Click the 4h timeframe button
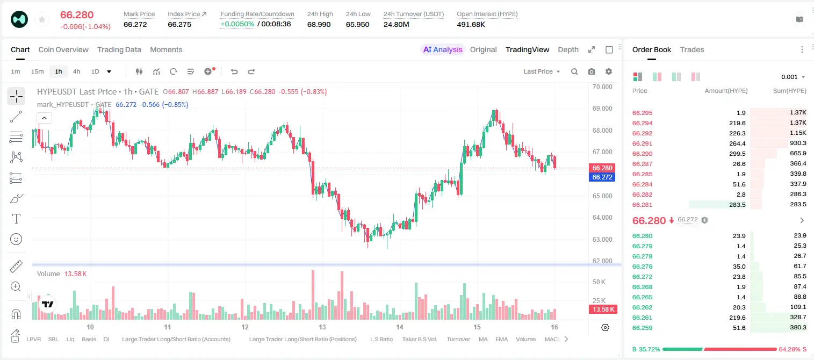pyautogui.click(x=76, y=71)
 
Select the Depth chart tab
pyautogui.click(x=568, y=49)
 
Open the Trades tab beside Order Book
pyautogui.click(x=692, y=49)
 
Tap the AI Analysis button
pyautogui.click(x=443, y=49)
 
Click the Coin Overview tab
pyautogui.click(x=63, y=49)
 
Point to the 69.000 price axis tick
pyautogui.click(x=602, y=108)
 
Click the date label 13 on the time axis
pyautogui.click(x=322, y=327)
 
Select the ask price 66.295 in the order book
pyautogui.click(x=642, y=113)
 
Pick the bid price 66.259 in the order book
pyautogui.click(x=642, y=328)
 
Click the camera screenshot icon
pyautogui.click(x=592, y=71)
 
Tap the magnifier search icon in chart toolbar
pyautogui.click(x=574, y=71)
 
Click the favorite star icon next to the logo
pyautogui.click(x=42, y=20)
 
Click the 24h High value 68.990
pyautogui.click(x=319, y=24)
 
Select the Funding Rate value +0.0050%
pyautogui.click(x=237, y=24)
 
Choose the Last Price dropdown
pyautogui.click(x=542, y=71)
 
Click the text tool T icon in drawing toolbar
pyautogui.click(x=16, y=219)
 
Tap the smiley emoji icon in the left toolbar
pyautogui.click(x=16, y=239)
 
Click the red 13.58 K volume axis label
pyautogui.click(x=603, y=309)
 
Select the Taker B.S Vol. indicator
pyautogui.click(x=419, y=339)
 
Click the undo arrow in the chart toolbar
pyautogui.click(x=234, y=71)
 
